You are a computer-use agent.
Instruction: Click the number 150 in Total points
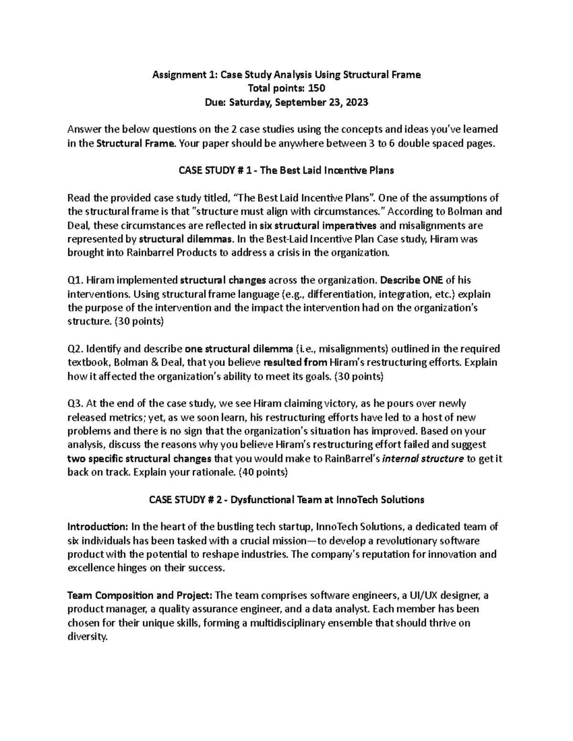point(317,88)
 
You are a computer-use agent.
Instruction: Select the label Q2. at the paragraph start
point(75,349)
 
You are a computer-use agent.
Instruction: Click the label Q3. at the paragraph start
point(75,404)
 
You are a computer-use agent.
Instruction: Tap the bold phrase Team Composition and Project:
point(141,596)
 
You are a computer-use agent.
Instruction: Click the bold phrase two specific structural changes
point(139,459)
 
